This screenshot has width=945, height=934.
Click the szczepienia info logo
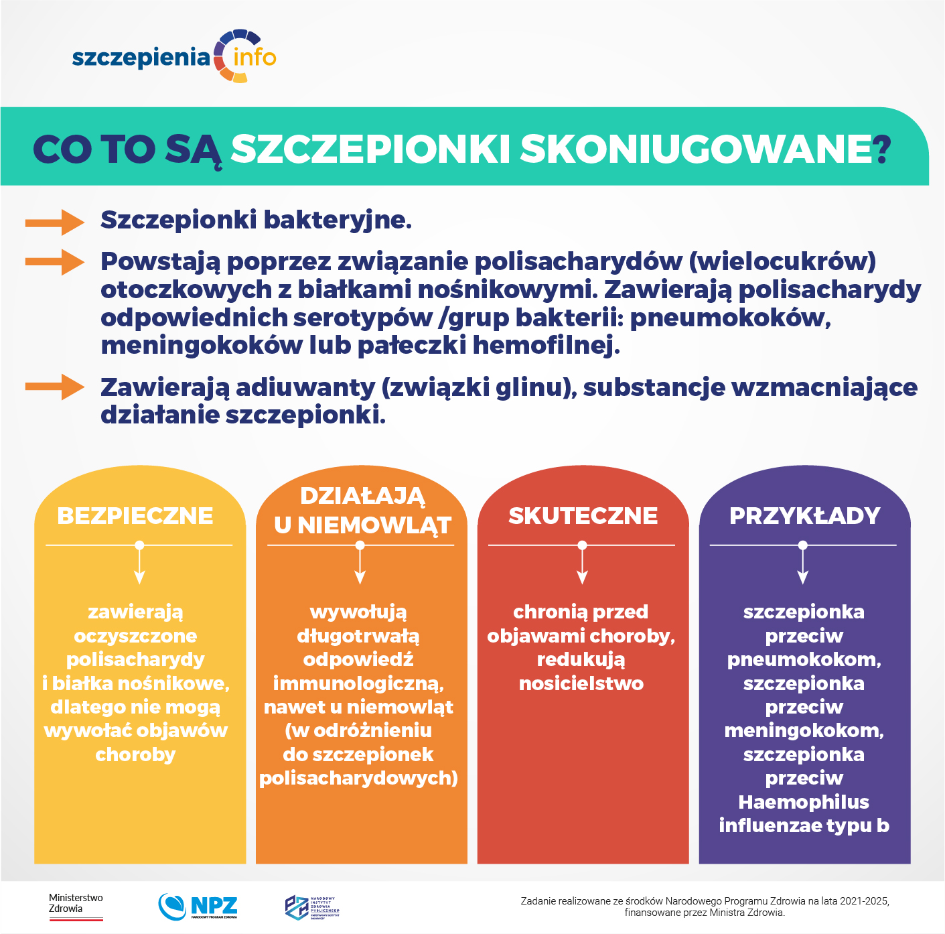coord(174,57)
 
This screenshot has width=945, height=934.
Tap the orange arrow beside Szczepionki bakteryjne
coord(55,222)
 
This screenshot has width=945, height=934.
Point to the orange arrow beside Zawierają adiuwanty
coord(55,387)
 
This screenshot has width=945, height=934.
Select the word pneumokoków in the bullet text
coord(730,318)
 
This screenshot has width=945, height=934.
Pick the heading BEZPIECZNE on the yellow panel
coord(135,516)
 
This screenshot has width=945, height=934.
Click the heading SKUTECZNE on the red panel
coord(583,516)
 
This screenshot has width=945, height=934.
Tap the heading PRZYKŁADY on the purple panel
coord(804,516)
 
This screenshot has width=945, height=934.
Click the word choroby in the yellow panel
coord(135,754)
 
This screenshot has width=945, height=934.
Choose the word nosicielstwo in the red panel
coord(581,683)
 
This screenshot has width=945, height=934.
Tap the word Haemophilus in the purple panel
coord(804,802)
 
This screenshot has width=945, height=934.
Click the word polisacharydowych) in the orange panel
coord(359,778)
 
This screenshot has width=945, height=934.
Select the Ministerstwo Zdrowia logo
coord(76,907)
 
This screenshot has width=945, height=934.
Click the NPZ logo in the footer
coord(198,907)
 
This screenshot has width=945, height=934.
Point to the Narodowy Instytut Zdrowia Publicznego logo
coord(312,907)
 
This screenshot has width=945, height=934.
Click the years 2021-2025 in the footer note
coord(865,901)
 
